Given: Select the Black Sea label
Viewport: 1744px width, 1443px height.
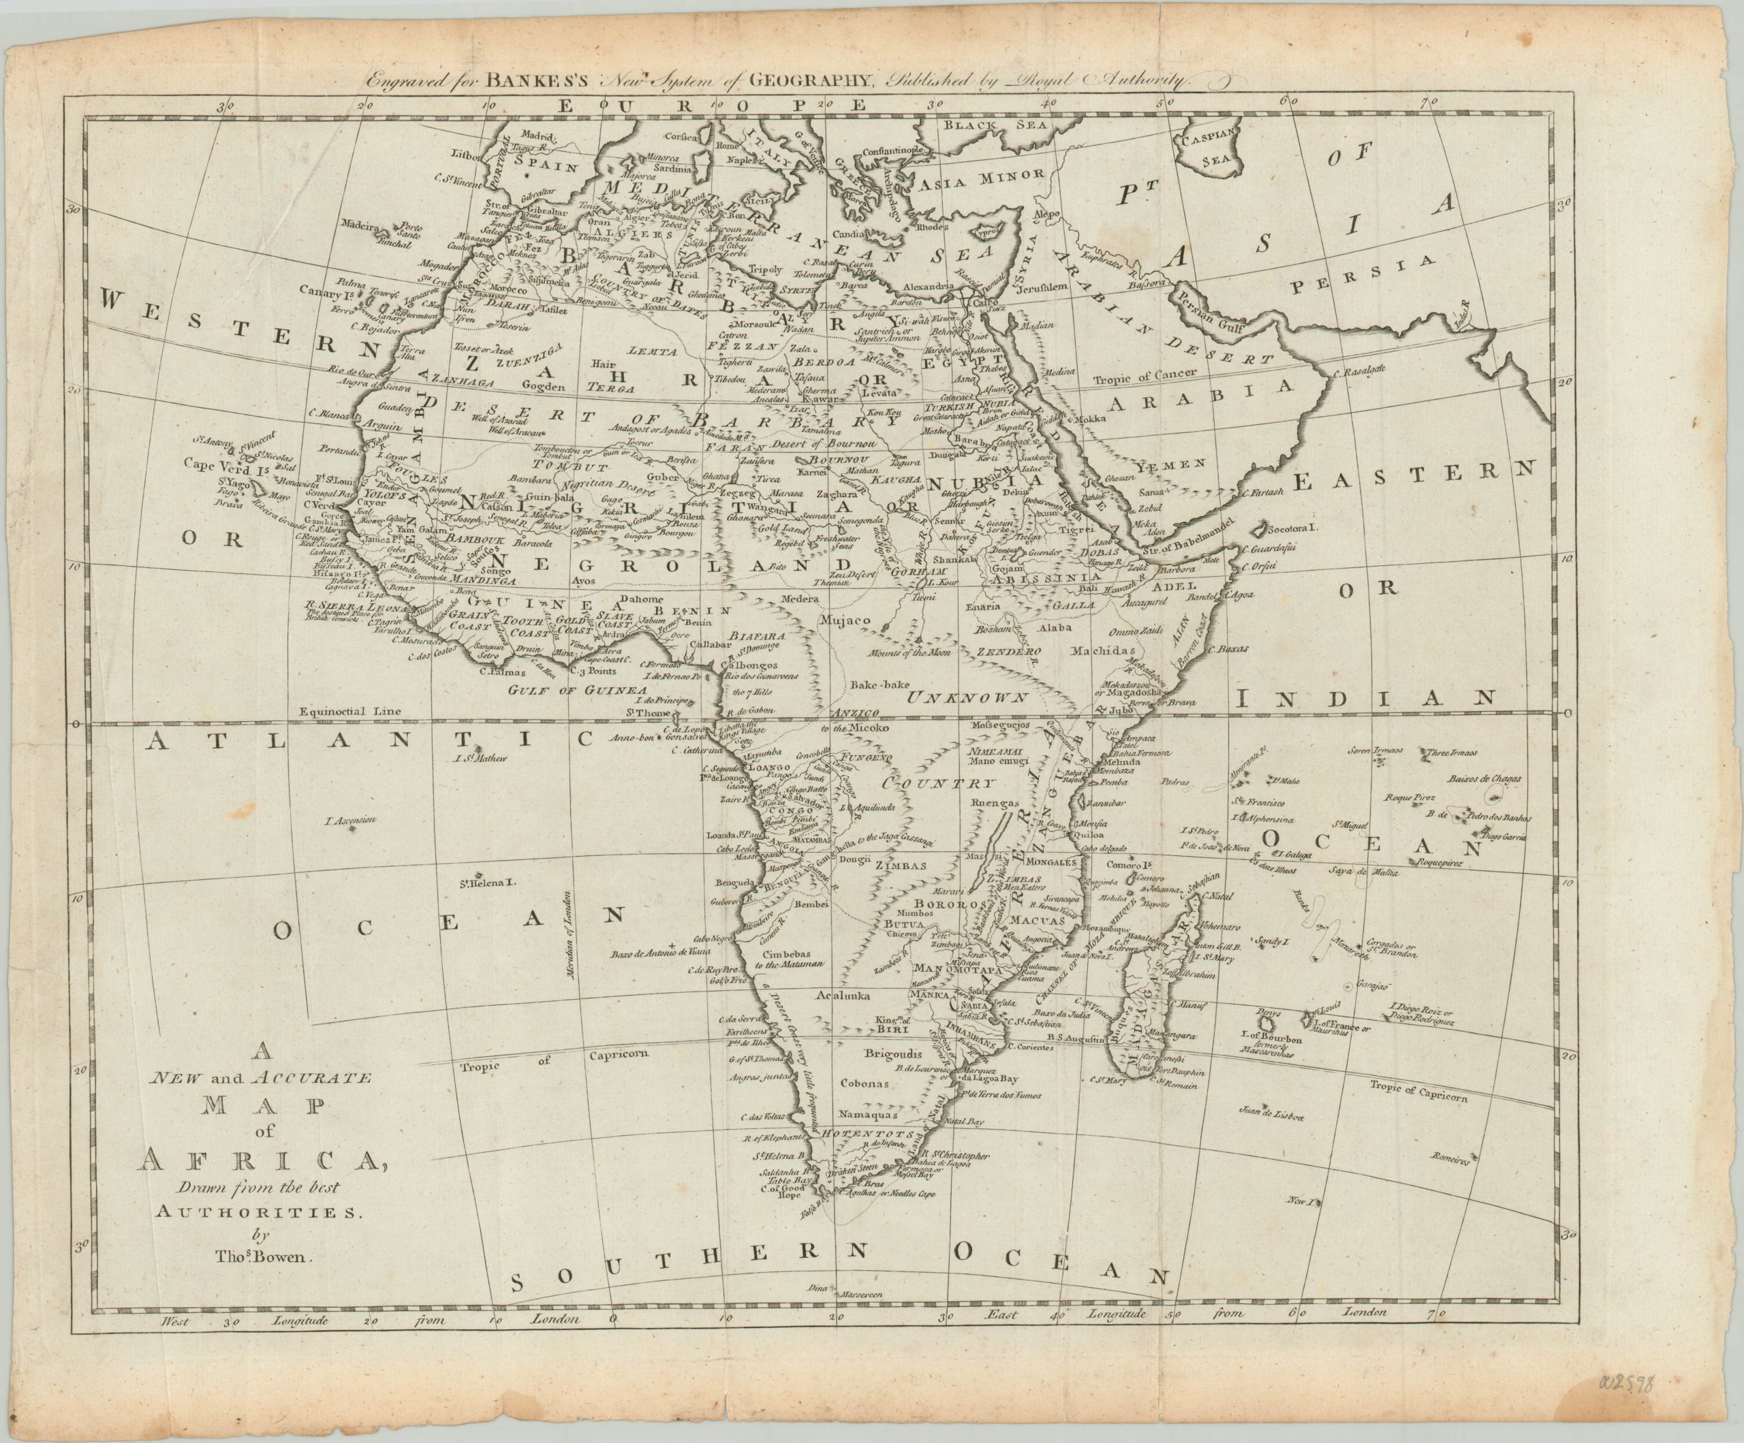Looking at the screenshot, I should click(x=996, y=125).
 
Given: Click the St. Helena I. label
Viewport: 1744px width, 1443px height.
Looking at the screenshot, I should click(x=490, y=883).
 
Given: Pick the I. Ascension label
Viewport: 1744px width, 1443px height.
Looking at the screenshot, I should click(x=352, y=821).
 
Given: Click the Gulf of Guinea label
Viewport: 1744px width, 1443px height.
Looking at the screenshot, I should click(x=577, y=691).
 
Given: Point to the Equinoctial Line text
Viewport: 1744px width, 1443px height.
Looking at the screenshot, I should click(x=352, y=712).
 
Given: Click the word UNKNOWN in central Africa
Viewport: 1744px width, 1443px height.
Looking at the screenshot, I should click(x=967, y=697).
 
